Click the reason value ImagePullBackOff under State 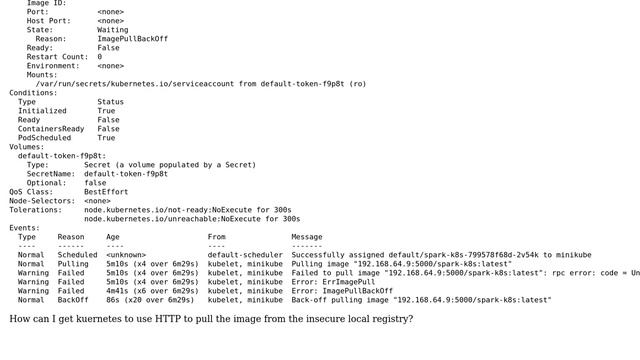[x=132, y=39]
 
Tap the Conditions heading [x=33, y=93]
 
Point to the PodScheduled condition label [x=45, y=138]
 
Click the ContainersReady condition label [x=51, y=129]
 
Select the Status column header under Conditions [x=110, y=102]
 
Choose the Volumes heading [x=27, y=147]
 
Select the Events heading [x=25, y=228]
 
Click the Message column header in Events [x=307, y=237]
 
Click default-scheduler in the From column [x=245, y=255]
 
